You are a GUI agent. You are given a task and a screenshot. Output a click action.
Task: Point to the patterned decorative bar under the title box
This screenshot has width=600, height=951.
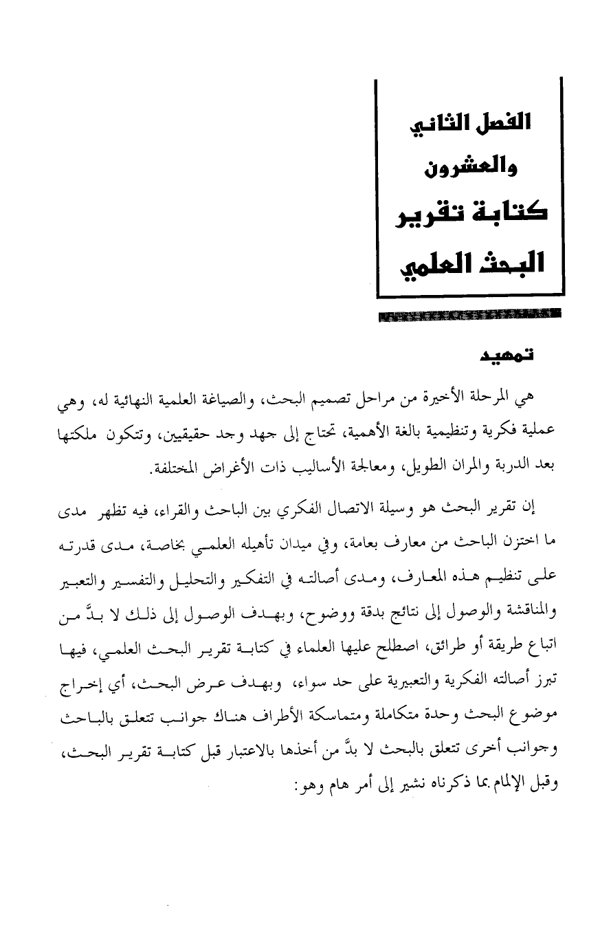click(469, 316)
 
